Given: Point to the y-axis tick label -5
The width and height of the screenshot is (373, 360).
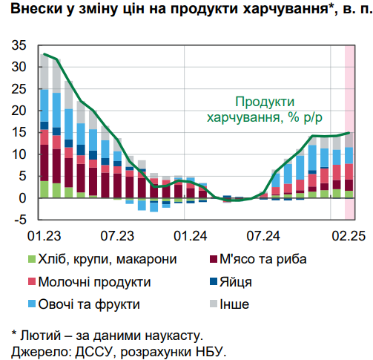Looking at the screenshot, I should pyautogui.click(x=19, y=220).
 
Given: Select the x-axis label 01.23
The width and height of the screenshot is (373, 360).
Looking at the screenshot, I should pyautogui.click(x=44, y=236).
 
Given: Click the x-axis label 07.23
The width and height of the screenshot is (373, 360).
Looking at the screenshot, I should pyautogui.click(x=118, y=236).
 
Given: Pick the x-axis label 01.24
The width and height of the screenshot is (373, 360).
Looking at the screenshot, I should pyautogui.click(x=191, y=236).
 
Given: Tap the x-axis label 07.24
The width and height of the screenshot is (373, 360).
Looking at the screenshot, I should pyautogui.click(x=264, y=236).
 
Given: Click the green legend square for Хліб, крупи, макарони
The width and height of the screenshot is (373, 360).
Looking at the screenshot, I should pyautogui.click(x=30, y=260).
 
